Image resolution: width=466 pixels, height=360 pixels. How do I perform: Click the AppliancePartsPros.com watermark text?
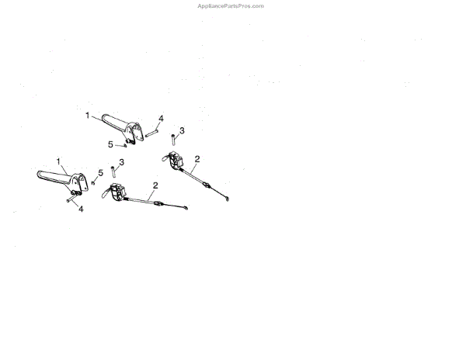pyautogui.click(x=232, y=5)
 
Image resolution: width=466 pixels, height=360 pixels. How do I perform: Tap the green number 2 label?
pyautogui.click(x=155, y=185)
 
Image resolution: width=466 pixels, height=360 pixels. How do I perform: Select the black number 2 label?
pyautogui.click(x=197, y=159)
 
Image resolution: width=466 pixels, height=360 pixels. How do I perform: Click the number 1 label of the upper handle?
pyautogui.click(x=88, y=115)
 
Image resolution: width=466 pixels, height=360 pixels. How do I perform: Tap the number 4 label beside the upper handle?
pyautogui.click(x=161, y=119)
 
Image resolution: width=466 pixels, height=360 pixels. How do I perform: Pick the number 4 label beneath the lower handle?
pyautogui.click(x=81, y=209)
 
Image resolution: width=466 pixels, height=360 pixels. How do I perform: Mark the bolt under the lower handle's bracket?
pyautogui.click(x=71, y=199)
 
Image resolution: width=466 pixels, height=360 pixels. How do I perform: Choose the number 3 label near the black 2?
pyautogui.click(x=181, y=130)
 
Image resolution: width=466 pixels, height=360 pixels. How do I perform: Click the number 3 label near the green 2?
pyautogui.click(x=121, y=162)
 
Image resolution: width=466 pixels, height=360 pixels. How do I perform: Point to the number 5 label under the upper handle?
pyautogui.click(x=110, y=144)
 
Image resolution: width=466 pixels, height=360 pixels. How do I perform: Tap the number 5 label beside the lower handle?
pyautogui.click(x=100, y=172)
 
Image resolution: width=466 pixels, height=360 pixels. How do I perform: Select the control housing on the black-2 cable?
pyautogui.click(x=177, y=164)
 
